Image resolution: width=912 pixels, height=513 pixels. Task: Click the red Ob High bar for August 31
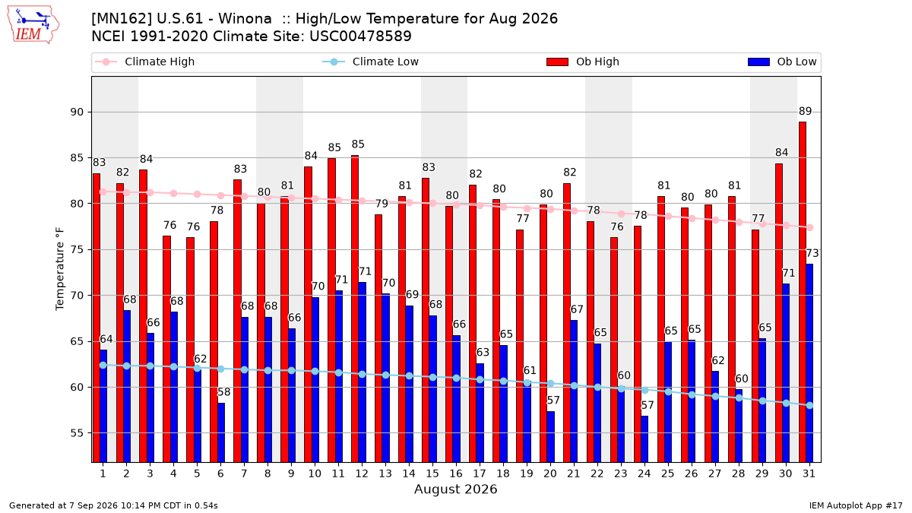[803, 292]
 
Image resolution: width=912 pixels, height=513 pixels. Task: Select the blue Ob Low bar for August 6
[221, 432]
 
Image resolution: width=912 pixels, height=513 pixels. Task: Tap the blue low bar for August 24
[644, 439]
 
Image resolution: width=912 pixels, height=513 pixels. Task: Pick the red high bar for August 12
[355, 309]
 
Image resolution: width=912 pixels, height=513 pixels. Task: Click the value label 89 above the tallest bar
[805, 111]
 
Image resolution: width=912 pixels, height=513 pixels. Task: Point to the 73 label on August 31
[812, 253]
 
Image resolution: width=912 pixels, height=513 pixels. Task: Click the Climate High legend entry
[144, 62]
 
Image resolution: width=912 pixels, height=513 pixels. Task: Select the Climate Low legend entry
[370, 62]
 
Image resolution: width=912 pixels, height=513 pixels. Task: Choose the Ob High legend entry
[583, 62]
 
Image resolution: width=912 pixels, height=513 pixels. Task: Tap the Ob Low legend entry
[782, 62]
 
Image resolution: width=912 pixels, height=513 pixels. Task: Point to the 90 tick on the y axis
[77, 112]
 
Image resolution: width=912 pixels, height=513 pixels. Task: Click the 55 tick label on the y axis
[77, 433]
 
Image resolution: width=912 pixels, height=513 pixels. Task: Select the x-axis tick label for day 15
[432, 473]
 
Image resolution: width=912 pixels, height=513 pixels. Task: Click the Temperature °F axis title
[60, 269]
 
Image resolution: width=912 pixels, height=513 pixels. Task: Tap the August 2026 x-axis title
[455, 489]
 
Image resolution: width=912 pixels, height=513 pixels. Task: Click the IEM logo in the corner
[33, 25]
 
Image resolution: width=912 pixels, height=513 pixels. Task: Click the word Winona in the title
[245, 19]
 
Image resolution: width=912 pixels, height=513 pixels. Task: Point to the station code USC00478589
[360, 36]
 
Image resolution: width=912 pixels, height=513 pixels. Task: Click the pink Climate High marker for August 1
[103, 192]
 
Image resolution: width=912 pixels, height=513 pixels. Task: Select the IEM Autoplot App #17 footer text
[856, 505]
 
